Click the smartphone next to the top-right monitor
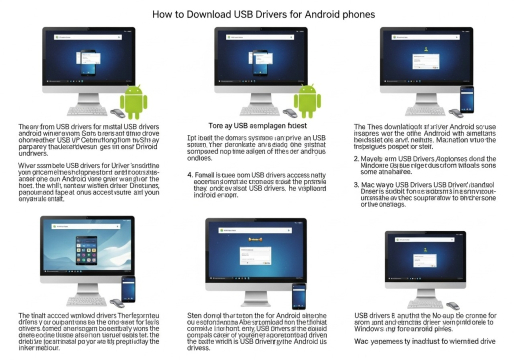[x=466, y=96]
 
